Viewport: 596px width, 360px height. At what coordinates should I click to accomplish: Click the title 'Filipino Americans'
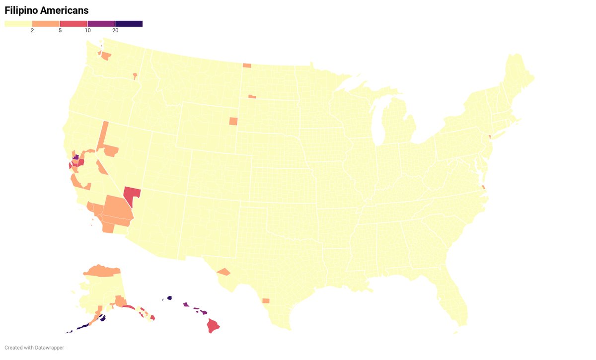pyautogui.click(x=47, y=10)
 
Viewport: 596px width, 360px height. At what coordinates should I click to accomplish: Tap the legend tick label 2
pyautogui.click(x=32, y=31)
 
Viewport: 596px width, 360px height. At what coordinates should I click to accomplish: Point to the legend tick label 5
pyautogui.click(x=60, y=31)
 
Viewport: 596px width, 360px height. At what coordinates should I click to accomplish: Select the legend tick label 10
pyautogui.click(x=87, y=31)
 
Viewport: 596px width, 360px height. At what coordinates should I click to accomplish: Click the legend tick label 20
pyautogui.click(x=115, y=31)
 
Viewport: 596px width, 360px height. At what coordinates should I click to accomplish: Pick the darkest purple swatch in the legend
pyautogui.click(x=129, y=23)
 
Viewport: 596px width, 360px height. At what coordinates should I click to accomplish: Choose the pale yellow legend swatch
pyautogui.click(x=18, y=23)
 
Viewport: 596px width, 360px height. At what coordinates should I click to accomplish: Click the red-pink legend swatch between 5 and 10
pyautogui.click(x=74, y=23)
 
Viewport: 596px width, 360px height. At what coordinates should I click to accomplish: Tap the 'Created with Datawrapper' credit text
pyautogui.click(x=34, y=348)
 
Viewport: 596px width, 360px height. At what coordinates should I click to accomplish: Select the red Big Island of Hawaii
pyautogui.click(x=213, y=326)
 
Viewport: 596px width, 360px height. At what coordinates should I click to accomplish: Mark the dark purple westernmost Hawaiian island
pyautogui.click(x=169, y=298)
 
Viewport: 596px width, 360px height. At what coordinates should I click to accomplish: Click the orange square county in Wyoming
pyautogui.click(x=233, y=121)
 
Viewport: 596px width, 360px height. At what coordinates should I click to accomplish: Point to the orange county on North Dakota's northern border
pyautogui.click(x=247, y=65)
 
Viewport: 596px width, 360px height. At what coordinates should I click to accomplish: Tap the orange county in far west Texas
pyautogui.click(x=223, y=272)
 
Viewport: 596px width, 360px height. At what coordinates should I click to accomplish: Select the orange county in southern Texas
pyautogui.click(x=266, y=300)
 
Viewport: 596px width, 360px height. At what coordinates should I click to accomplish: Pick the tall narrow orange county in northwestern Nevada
pyautogui.click(x=102, y=135)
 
